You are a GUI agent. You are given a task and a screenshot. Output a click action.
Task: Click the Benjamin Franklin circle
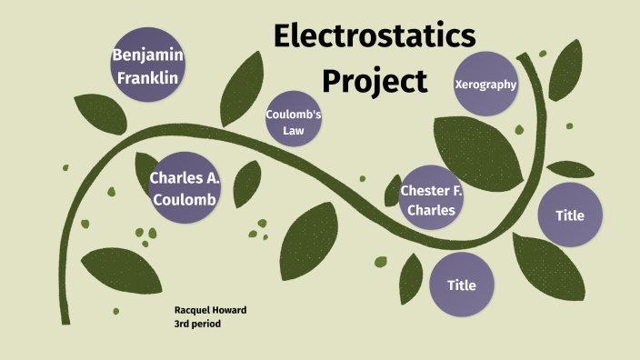pos(148,66)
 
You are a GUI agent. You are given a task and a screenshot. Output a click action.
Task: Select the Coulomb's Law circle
pos(294,123)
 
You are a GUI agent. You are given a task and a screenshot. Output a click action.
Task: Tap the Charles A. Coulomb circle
pos(184,186)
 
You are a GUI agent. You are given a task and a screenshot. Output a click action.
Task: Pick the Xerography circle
pos(485,85)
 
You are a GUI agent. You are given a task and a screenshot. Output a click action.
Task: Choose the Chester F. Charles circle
pos(432,200)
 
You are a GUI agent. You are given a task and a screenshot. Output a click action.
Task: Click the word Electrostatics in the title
pos(374,36)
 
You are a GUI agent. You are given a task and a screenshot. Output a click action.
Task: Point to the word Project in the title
pos(374,81)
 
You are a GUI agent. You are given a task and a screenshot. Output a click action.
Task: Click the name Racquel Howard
pos(210,310)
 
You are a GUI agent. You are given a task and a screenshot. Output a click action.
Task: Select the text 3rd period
pos(197,324)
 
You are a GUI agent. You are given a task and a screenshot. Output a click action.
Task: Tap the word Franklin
pos(148,77)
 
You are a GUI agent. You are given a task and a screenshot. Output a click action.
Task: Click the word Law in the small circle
pos(294,131)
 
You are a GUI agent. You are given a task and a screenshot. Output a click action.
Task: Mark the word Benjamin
pos(148,55)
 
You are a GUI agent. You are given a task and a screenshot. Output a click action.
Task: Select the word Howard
pos(230,310)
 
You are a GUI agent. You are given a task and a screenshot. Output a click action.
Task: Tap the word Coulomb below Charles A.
pos(184,199)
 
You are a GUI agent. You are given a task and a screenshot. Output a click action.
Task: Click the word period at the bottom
pos(206,324)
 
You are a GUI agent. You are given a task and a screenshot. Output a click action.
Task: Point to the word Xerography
pos(485,85)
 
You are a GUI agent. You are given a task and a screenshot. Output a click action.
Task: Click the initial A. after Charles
pos(210,177)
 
